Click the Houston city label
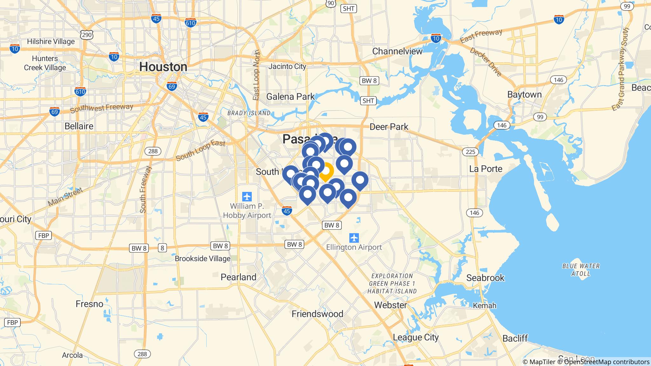tap(163, 67)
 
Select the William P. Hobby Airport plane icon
tap(247, 196)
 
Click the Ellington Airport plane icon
tap(354, 238)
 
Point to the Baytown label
tap(524, 95)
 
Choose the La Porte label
tap(486, 169)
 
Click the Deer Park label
tap(389, 127)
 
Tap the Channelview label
tap(397, 51)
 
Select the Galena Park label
tap(291, 97)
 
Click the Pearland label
tap(238, 277)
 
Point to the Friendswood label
tap(317, 314)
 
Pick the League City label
tap(416, 337)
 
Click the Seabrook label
tap(485, 278)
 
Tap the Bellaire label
tap(79, 126)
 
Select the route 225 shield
tap(470, 152)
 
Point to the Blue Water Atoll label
tap(581, 269)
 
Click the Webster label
tap(390, 305)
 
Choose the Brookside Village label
tap(202, 259)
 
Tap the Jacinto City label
tap(287, 66)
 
